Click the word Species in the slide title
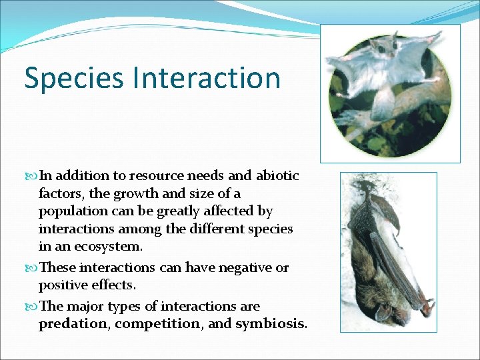(x=74, y=79)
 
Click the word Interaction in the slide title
(x=207, y=77)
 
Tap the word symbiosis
(x=269, y=324)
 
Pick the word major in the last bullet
(x=87, y=307)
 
